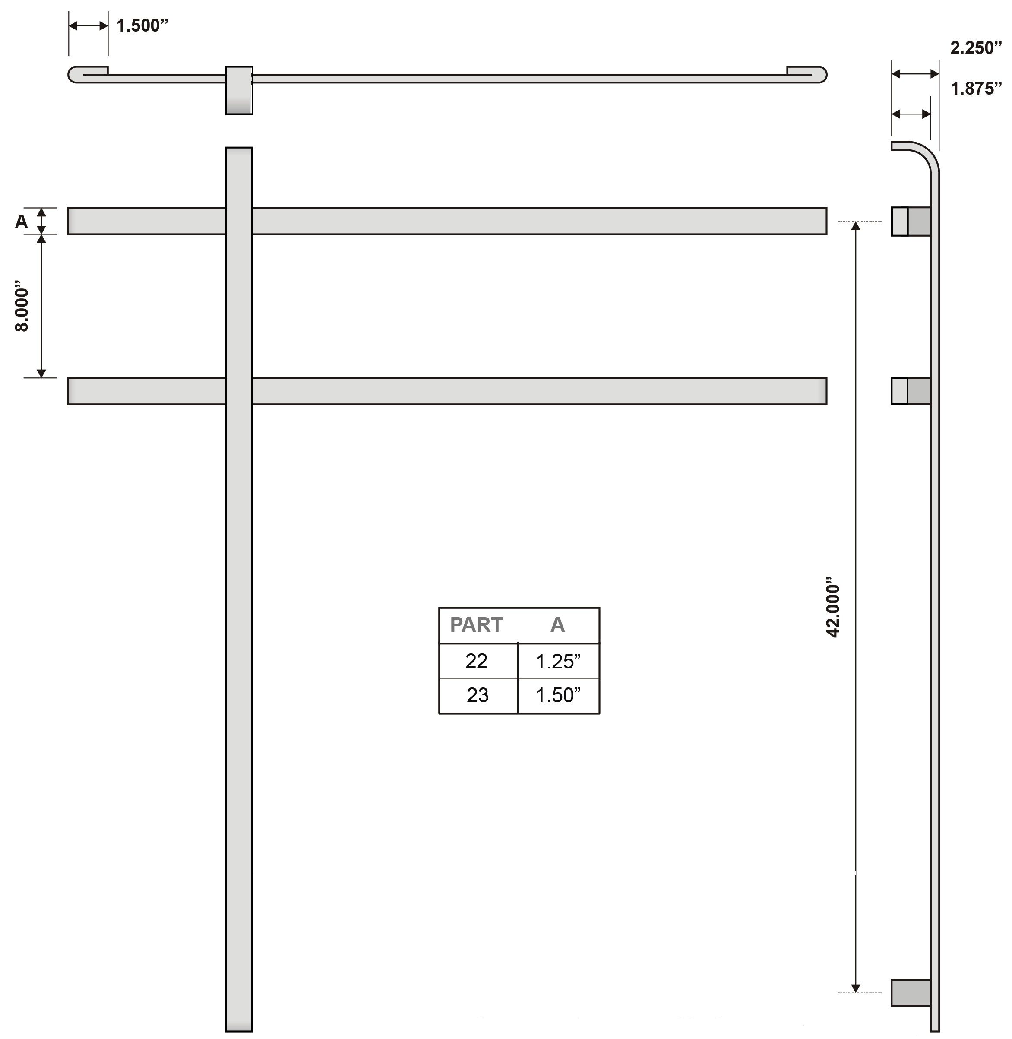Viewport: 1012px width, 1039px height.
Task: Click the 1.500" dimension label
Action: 142,25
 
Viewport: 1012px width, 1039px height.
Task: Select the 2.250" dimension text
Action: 976,48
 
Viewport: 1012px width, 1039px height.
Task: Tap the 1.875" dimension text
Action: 976,88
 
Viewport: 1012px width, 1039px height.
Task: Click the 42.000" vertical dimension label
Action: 833,607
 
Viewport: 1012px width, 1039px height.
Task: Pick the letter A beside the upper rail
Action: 21,221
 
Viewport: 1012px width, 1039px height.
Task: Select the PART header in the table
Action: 476,625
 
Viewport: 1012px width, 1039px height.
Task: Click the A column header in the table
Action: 557,625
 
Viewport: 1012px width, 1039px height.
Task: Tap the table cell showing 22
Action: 476,661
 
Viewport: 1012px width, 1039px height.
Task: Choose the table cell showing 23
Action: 478,695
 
